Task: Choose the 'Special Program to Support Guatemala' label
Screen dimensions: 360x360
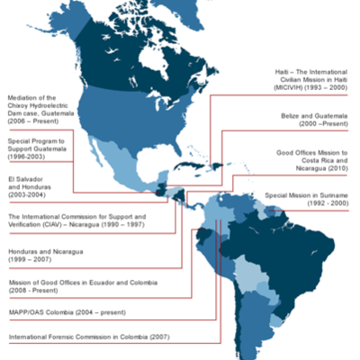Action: click(41, 153)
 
